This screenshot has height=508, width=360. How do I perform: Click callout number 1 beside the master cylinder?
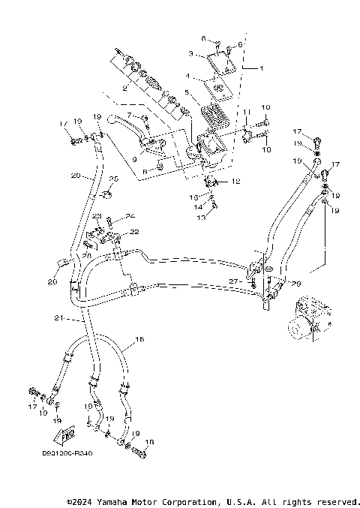261,68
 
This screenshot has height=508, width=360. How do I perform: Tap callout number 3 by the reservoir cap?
190,54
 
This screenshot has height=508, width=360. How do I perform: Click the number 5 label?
187,92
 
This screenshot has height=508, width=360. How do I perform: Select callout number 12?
237,182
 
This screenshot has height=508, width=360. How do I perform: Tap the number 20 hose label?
75,176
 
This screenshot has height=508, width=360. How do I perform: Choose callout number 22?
135,233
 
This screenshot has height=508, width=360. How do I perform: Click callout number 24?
129,215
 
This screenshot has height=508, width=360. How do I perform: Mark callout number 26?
52,282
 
